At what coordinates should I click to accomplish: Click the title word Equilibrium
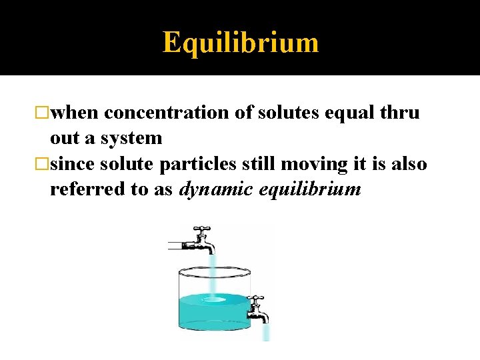pos(241,43)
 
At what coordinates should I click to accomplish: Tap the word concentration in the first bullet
pos(167,113)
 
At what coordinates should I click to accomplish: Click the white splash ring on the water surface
pos(213,300)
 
